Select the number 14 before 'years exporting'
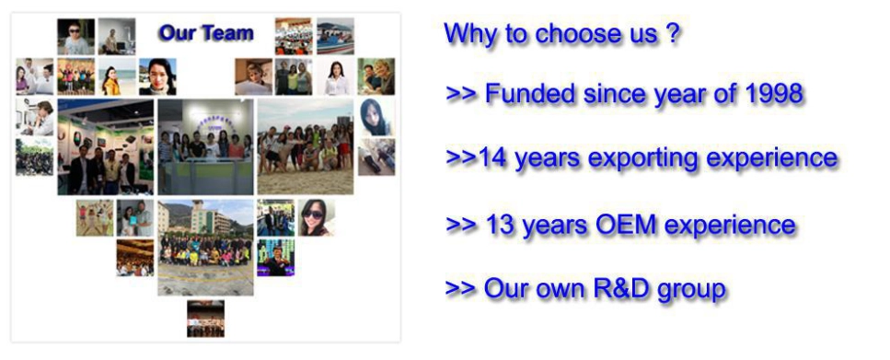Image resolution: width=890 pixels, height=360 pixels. click(x=492, y=157)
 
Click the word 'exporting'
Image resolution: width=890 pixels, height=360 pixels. click(x=643, y=159)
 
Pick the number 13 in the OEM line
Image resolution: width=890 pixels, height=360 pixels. click(x=500, y=225)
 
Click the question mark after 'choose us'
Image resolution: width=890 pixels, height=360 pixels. click(x=672, y=33)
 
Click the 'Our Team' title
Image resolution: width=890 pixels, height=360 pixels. click(x=206, y=32)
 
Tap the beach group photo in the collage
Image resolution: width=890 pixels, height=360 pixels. click(x=306, y=147)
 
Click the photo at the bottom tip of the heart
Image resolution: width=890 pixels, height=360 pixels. click(x=205, y=319)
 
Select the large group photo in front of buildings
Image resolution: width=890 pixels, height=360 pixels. click(x=205, y=248)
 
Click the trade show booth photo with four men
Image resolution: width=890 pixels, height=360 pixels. click(x=106, y=147)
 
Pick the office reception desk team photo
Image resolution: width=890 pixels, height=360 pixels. click(x=205, y=147)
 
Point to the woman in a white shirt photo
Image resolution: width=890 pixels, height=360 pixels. click(x=335, y=76)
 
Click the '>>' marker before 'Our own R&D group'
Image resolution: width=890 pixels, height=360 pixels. click(x=460, y=288)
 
